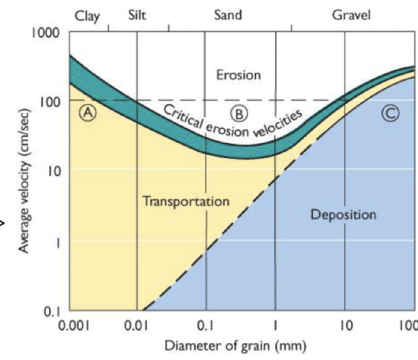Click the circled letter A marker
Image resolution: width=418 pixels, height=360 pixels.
[88, 113]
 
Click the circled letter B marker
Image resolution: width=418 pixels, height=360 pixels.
[239, 114]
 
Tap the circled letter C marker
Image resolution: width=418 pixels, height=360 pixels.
[390, 113]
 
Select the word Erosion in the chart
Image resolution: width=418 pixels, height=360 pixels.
[239, 75]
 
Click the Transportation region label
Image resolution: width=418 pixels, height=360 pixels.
[186, 201]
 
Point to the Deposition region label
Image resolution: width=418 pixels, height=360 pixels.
[343, 214]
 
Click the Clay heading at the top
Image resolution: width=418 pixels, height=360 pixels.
[87, 16]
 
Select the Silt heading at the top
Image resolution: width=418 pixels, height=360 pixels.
[137, 15]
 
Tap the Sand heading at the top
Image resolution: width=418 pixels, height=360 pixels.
[228, 15]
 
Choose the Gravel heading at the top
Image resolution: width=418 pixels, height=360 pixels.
[351, 15]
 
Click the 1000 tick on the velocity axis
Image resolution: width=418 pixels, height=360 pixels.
[46, 32]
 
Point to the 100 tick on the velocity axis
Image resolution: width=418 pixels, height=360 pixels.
[50, 102]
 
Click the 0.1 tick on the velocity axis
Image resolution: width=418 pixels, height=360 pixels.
[52, 312]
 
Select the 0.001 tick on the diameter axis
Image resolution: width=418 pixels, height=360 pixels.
[74, 325]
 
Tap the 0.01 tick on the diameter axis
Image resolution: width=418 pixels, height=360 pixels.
[137, 325]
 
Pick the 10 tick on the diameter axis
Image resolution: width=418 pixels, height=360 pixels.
[345, 325]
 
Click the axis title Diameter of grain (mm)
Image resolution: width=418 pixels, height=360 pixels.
[236, 346]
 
